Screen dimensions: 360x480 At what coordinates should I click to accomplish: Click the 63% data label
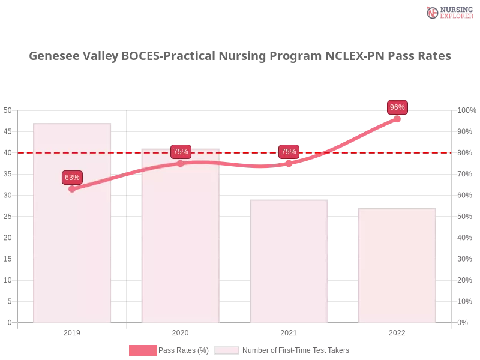[x=72, y=178]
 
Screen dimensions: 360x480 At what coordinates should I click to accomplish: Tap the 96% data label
[x=397, y=107]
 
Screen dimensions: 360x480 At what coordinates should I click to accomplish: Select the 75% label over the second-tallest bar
[x=181, y=152]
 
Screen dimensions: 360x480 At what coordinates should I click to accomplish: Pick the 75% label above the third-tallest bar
[x=289, y=152]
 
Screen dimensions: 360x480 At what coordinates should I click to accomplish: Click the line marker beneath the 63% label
[x=72, y=189]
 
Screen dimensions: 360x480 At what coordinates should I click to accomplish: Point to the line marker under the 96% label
[x=397, y=118]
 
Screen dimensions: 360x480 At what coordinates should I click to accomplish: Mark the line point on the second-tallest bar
[x=181, y=163]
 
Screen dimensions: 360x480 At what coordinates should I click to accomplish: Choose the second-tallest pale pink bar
[x=180, y=246]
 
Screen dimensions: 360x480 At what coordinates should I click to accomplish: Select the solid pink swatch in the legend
[x=142, y=350]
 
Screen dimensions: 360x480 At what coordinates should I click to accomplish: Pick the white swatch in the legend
[x=227, y=350]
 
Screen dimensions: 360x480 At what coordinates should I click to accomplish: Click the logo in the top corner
[x=448, y=13]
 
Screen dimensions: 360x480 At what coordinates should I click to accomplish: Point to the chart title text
[x=240, y=57]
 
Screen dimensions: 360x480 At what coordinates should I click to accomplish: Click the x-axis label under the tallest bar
[x=72, y=331]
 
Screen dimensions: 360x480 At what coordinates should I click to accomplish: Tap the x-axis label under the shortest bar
[x=397, y=331]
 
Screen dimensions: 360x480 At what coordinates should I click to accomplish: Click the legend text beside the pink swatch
[x=185, y=350]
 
